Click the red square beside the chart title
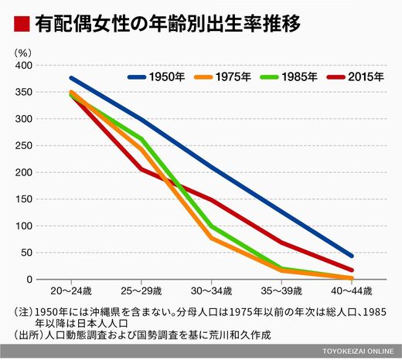22,24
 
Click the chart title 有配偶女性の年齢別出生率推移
168,24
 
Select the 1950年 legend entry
156,76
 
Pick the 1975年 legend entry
223,76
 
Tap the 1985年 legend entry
288,76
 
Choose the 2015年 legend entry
355,76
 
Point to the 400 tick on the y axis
24,66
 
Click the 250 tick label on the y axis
24,146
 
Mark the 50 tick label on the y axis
27,253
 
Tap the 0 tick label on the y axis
29,280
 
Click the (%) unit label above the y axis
23,53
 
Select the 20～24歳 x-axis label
71,291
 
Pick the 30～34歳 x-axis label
211,291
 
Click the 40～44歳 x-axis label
352,291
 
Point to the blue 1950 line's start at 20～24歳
71,78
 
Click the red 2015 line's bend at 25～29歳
141,169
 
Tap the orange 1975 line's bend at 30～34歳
212,238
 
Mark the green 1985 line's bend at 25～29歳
141,139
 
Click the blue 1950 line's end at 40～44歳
352,256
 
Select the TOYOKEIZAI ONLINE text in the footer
358,352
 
